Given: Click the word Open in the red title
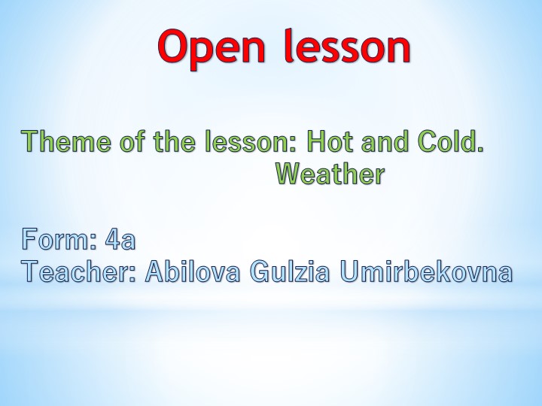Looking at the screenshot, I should [x=212, y=47].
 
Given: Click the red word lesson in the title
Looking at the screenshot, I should [x=348, y=47].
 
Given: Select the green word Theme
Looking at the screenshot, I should [x=61, y=141].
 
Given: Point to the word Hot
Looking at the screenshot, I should [x=330, y=141].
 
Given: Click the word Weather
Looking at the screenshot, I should [x=330, y=174].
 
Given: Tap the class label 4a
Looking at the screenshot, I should [x=121, y=240].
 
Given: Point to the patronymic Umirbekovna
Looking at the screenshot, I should [x=426, y=271].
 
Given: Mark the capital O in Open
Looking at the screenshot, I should [x=173, y=47].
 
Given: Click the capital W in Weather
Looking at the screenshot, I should [x=287, y=174].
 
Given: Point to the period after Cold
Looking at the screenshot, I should [x=480, y=149].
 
